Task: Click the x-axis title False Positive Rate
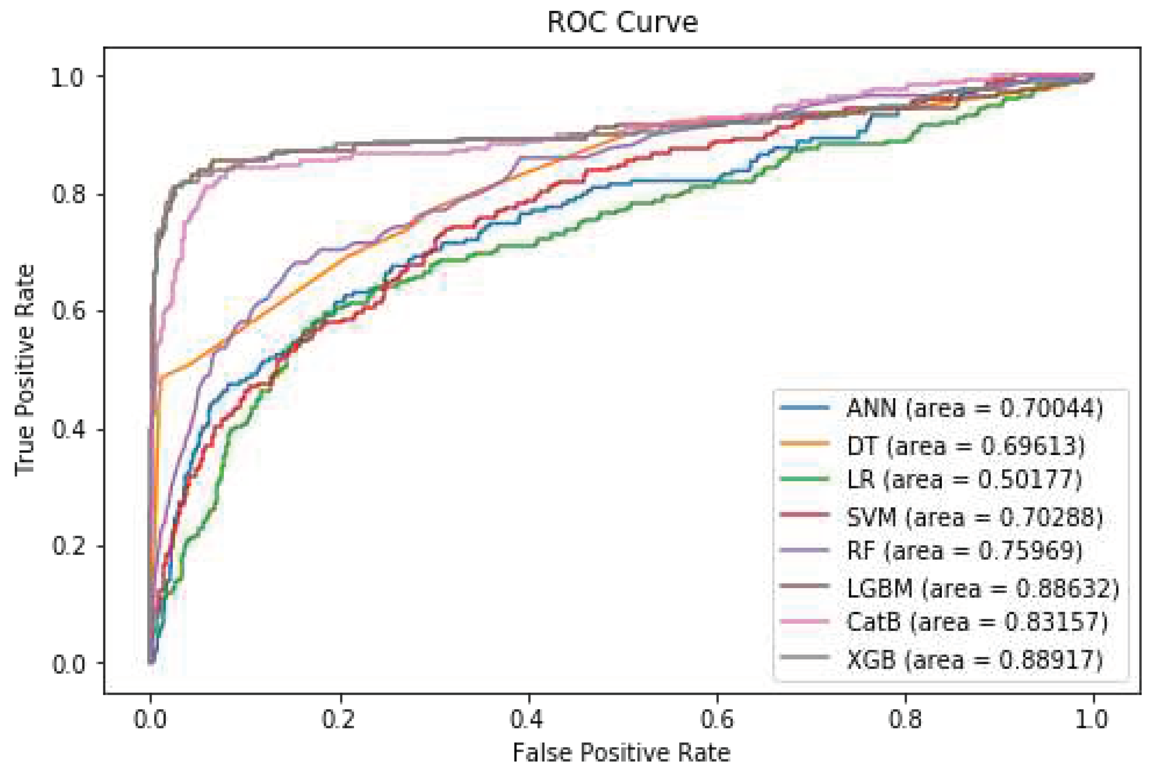click(621, 752)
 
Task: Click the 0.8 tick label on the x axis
click(905, 720)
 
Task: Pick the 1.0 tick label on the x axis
click(1093, 720)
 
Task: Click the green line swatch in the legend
click(805, 479)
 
